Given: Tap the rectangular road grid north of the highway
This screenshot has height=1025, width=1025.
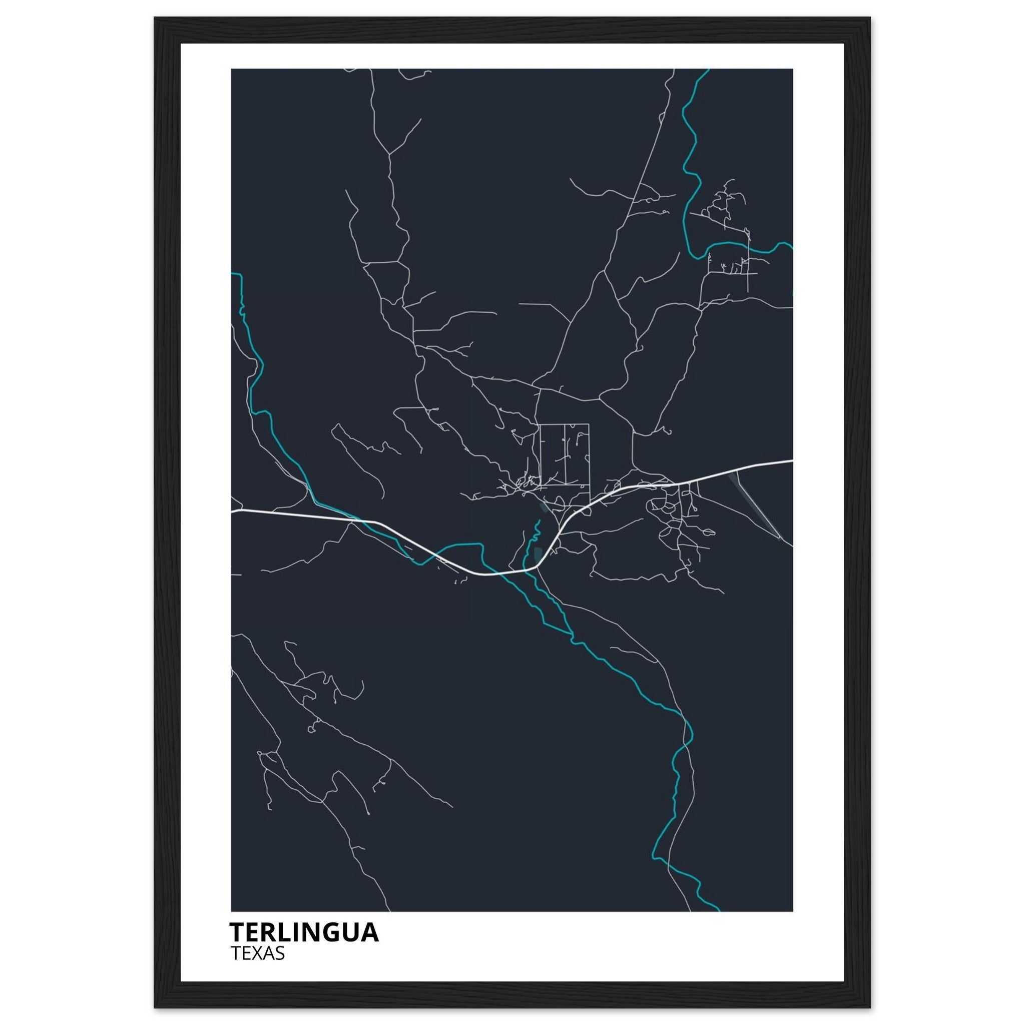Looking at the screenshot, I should [x=564, y=454].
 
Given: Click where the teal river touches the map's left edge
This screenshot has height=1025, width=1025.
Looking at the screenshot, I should [x=232, y=274].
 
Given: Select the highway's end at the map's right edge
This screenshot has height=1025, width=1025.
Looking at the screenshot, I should [x=792, y=460].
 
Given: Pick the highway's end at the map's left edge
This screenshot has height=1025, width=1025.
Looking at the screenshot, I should [x=232, y=511].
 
